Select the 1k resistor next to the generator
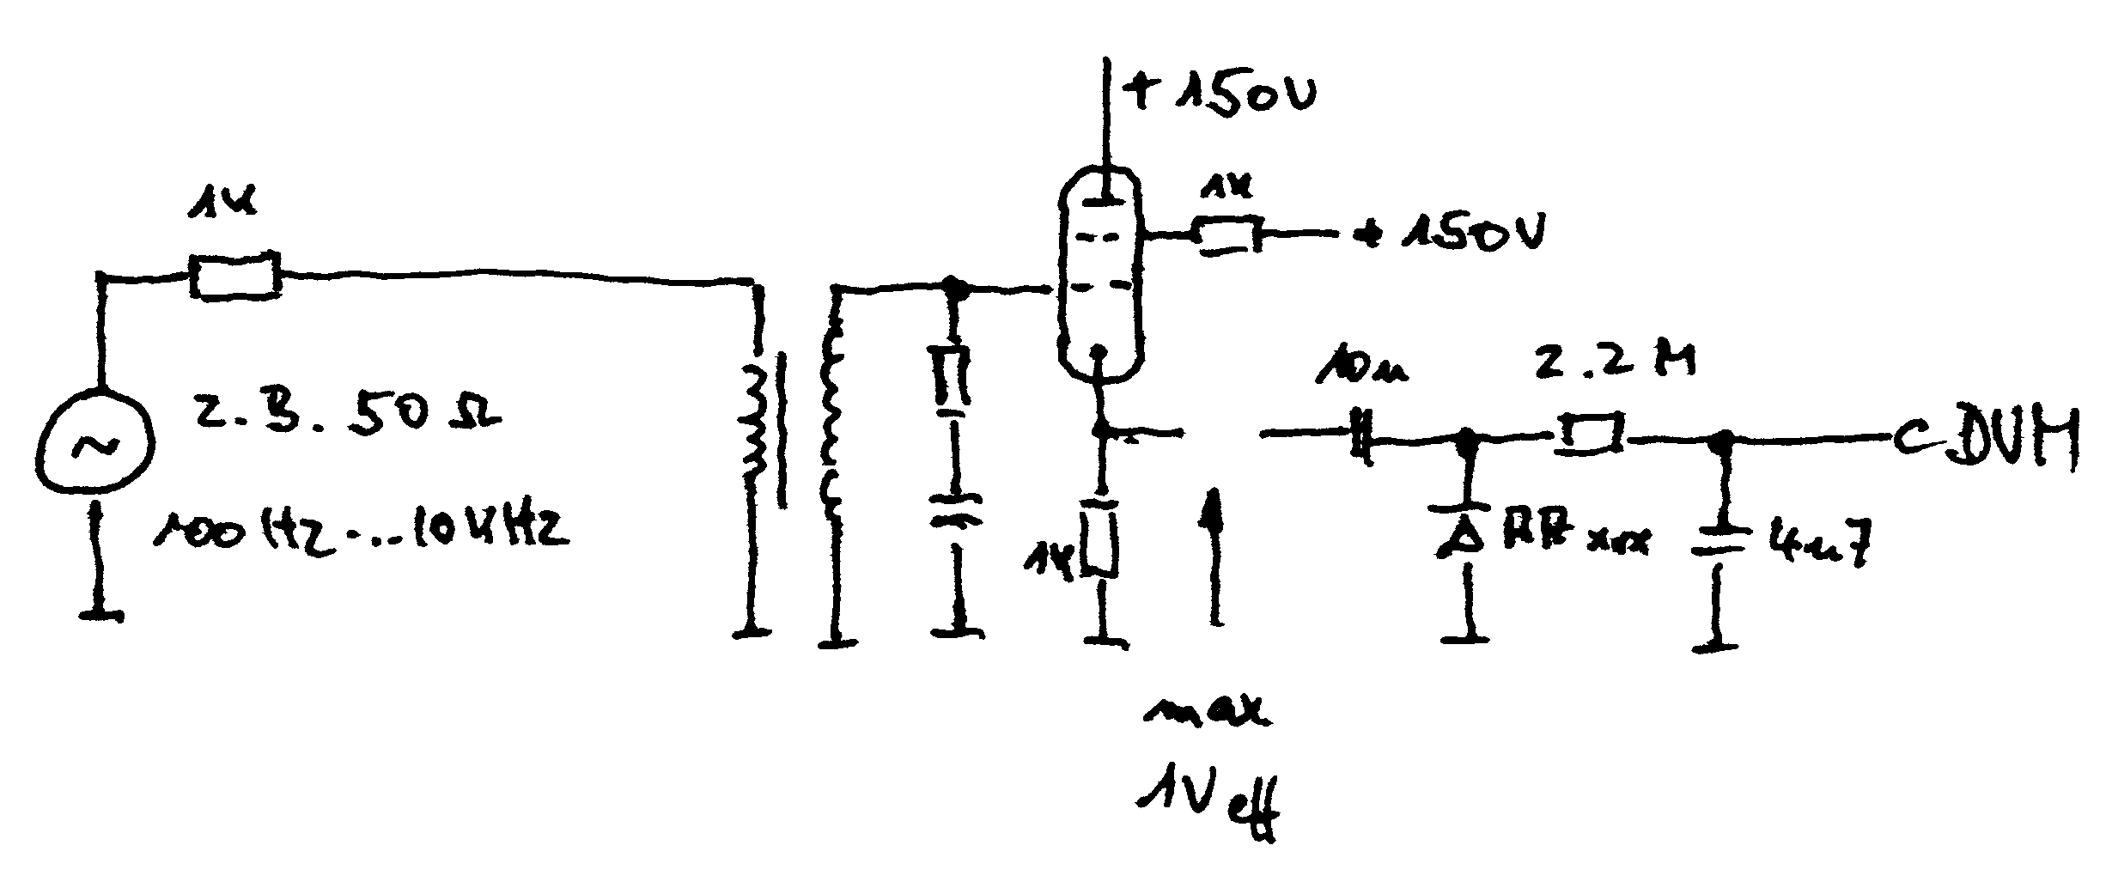[234, 275]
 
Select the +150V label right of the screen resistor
[1452, 232]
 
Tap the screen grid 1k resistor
[1226, 234]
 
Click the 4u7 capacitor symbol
[1720, 541]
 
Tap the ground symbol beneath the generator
[101, 613]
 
